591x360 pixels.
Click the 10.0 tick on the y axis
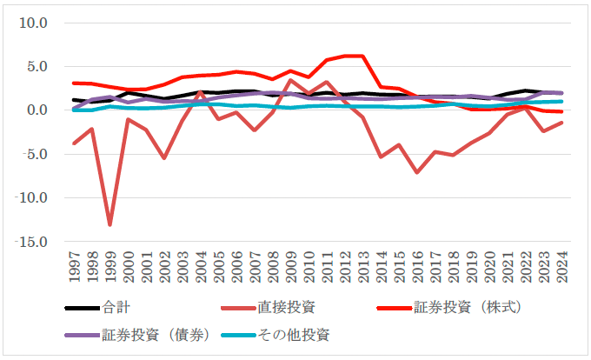click(x=33, y=22)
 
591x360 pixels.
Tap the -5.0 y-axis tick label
click(x=33, y=154)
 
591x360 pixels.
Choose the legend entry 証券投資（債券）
click(x=155, y=334)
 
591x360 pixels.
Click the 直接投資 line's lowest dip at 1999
click(x=110, y=224)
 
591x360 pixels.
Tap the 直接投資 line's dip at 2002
click(x=163, y=157)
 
